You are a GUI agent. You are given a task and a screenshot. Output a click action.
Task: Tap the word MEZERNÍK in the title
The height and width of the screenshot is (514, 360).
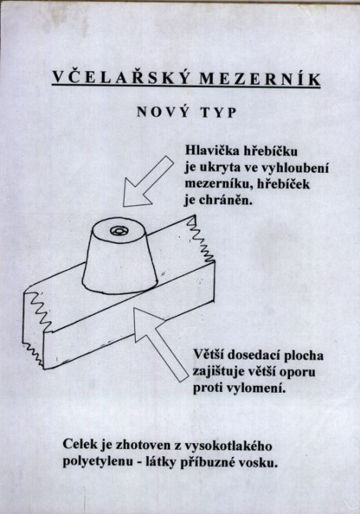pos(259,79)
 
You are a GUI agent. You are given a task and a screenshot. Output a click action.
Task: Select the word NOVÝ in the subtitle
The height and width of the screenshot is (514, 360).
pos(163,111)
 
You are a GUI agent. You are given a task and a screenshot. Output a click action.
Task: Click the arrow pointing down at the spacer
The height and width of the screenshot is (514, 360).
pos(147,182)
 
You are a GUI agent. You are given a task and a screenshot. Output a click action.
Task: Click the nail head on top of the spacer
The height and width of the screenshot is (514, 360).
pos(119,231)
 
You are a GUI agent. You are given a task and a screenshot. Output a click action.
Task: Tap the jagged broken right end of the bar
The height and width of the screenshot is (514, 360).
pos(200,240)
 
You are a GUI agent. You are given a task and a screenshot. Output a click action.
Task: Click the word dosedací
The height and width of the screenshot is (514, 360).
pos(254,356)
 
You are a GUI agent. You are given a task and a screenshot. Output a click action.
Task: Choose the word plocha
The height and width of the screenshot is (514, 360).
pos(304,356)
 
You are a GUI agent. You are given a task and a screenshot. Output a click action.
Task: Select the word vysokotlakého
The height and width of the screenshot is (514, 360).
pos(229,446)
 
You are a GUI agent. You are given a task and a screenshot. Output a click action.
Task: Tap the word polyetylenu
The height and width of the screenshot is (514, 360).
pos(96,462)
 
